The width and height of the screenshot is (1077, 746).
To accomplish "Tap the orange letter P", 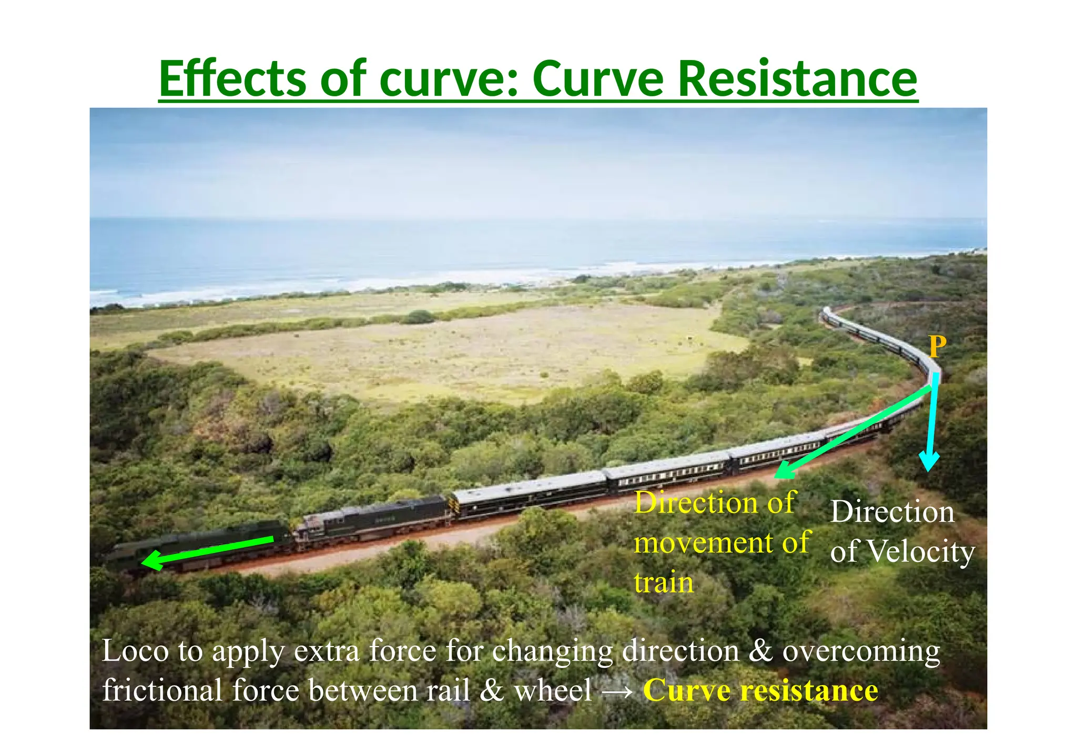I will (937, 347).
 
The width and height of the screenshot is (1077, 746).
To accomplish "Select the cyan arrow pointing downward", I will (932, 421).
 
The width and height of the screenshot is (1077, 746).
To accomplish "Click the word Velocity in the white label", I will (920, 552).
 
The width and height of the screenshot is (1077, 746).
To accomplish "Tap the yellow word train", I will (664, 583).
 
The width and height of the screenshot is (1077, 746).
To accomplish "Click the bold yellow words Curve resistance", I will (760, 691).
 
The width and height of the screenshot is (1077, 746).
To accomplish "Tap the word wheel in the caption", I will (553, 691).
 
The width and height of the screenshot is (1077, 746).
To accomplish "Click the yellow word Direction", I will (715, 503).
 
